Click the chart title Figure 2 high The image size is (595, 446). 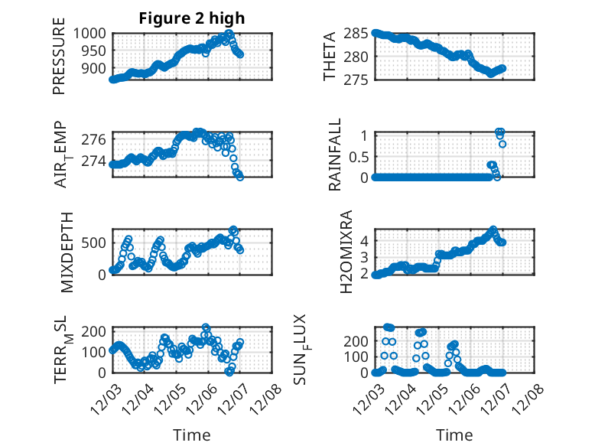pyautogui.click(x=192, y=19)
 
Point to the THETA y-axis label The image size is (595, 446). pyautogui.click(x=330, y=57)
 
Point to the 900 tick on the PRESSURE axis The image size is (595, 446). pyautogui.click(x=96, y=68)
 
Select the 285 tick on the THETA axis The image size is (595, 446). pyautogui.click(x=358, y=33)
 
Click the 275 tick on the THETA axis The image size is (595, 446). pyautogui.click(x=358, y=80)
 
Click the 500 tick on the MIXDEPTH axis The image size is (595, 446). pyautogui.click(x=96, y=243)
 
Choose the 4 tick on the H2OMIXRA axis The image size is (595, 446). pyautogui.click(x=365, y=240)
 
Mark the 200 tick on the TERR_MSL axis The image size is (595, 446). pyautogui.click(x=96, y=331)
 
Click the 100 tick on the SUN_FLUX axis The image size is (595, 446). pyautogui.click(x=358, y=356)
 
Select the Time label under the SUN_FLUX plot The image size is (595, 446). pyautogui.click(x=454, y=435)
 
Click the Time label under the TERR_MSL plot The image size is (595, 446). pyautogui.click(x=192, y=435)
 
